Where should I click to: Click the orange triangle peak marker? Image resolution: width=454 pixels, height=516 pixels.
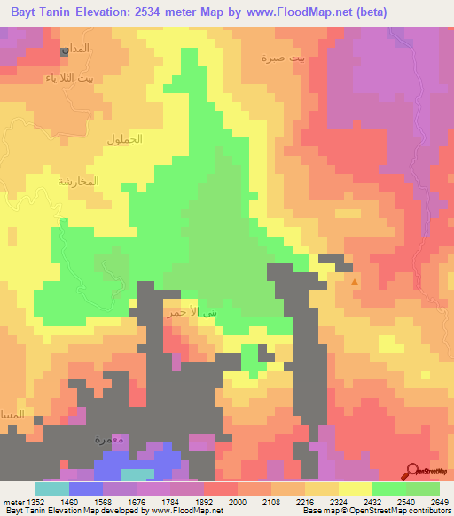(356, 282)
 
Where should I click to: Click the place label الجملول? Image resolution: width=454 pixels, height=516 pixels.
(124, 139)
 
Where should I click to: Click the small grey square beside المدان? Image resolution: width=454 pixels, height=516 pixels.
(65, 51)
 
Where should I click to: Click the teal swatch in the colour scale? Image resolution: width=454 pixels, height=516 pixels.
(51, 489)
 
